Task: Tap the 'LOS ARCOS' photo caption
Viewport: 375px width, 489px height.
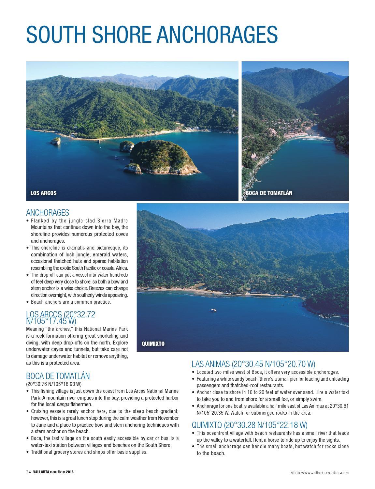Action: [x=43, y=193]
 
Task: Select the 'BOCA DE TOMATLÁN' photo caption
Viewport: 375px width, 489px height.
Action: [x=269, y=193]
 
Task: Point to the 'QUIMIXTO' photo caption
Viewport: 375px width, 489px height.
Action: [x=153, y=344]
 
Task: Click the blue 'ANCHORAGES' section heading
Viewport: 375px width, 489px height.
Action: [x=48, y=213]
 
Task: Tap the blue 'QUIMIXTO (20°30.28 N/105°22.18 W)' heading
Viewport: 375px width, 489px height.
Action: [x=250, y=425]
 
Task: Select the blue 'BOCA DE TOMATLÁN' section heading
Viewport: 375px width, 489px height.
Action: [x=58, y=376]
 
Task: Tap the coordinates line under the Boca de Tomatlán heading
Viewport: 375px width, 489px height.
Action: [x=54, y=384]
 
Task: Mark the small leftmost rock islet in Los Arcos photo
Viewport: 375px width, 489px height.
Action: [x=56, y=141]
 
